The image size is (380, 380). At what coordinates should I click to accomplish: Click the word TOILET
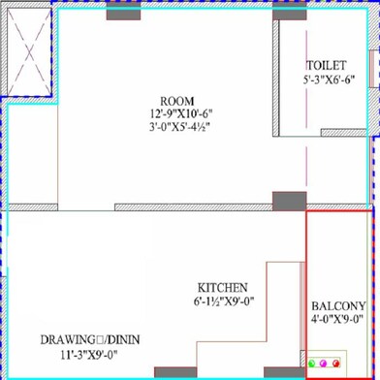click(325, 65)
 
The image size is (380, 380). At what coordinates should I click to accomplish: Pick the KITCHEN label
click(223, 288)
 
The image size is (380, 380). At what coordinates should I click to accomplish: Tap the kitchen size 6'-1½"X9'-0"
click(223, 301)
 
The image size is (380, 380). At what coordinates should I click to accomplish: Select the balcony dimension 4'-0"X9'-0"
click(338, 318)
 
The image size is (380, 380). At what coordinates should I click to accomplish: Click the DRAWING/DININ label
click(81, 340)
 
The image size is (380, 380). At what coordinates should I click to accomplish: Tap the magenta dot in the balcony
click(324, 363)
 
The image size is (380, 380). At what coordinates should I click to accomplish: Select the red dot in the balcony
click(335, 363)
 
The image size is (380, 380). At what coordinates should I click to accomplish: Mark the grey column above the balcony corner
click(289, 202)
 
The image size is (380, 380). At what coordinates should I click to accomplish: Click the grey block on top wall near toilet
click(288, 12)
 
